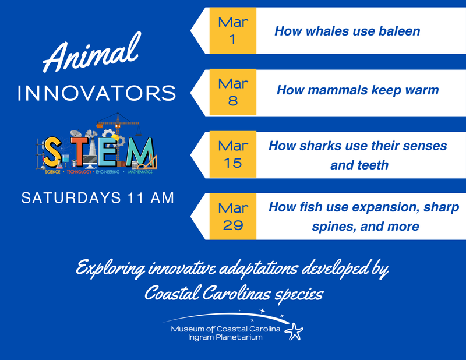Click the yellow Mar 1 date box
tap(232, 31)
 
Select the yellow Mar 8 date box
tap(232, 92)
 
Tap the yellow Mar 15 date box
tap(232, 154)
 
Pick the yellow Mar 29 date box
tap(232, 217)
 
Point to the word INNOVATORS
tap(97, 93)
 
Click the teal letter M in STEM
tap(140, 151)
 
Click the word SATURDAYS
tap(71, 198)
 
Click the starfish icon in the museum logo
tap(294, 331)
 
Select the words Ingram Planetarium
tap(225, 337)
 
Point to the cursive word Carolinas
tap(236, 294)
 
